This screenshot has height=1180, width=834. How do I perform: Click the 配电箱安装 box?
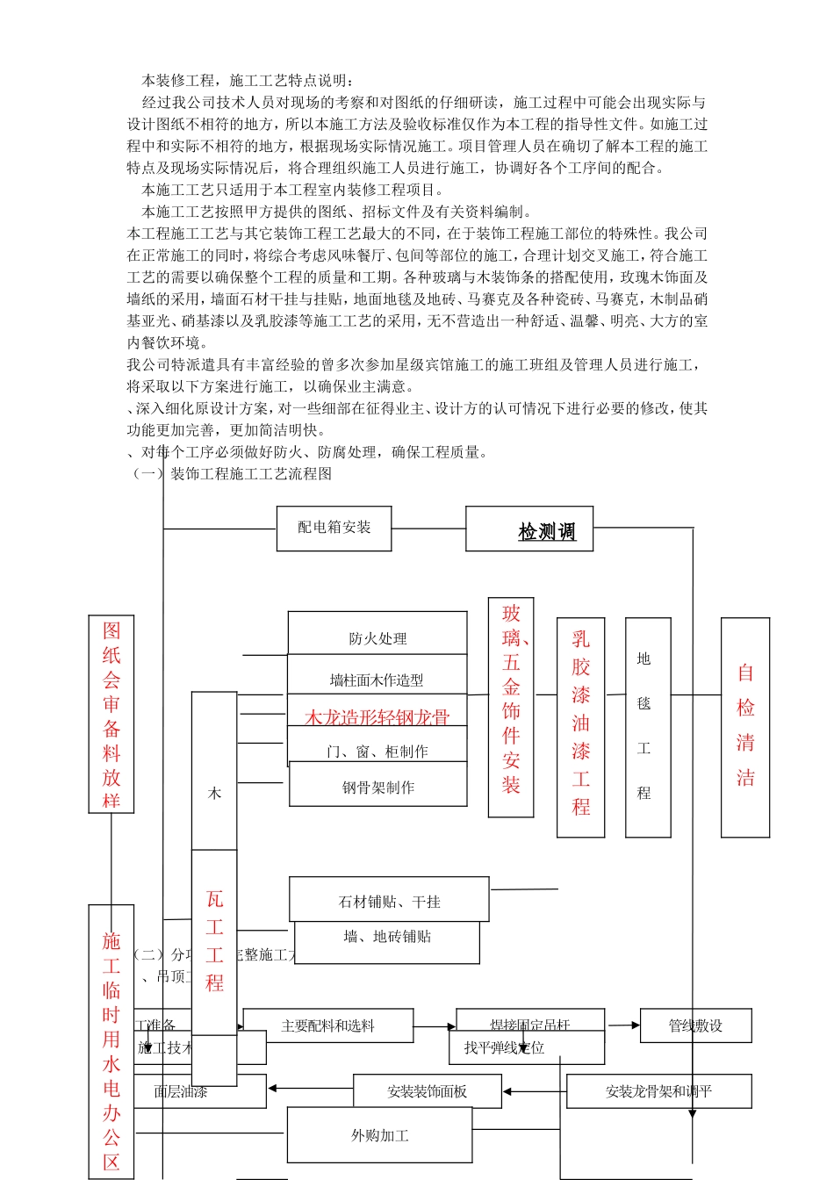pos(334,528)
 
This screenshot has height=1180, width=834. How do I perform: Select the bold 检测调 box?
pos(529,529)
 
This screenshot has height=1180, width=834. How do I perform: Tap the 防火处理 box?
pos(377,637)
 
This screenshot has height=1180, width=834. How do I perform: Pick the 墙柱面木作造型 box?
pos(377,679)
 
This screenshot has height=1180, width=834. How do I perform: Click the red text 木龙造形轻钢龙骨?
pos(377,717)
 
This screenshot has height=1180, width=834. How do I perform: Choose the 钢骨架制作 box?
pos(378,787)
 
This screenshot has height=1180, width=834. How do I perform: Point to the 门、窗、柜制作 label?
pos(377,752)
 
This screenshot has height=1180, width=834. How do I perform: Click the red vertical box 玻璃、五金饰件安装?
pos(511,708)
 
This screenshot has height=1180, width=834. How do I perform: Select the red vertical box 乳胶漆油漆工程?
pos(580,727)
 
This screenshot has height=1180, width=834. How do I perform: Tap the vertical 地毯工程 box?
pos(648,727)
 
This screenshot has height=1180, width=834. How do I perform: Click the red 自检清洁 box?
pos(745,727)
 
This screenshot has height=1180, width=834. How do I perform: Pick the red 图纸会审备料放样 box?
pos(111,713)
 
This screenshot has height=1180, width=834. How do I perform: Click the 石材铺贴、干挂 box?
pos(389,900)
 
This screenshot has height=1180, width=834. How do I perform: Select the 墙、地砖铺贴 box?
pos(387,937)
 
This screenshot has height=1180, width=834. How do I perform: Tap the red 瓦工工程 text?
pos(214,941)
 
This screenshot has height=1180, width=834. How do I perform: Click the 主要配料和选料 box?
pos(327,1025)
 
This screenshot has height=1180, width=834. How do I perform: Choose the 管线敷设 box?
pos(695,1025)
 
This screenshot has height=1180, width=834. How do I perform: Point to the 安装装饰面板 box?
pos(427,1090)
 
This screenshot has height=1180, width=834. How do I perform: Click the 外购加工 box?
pos(379,1134)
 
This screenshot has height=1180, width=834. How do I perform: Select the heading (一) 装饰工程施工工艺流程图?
pos(233,474)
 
